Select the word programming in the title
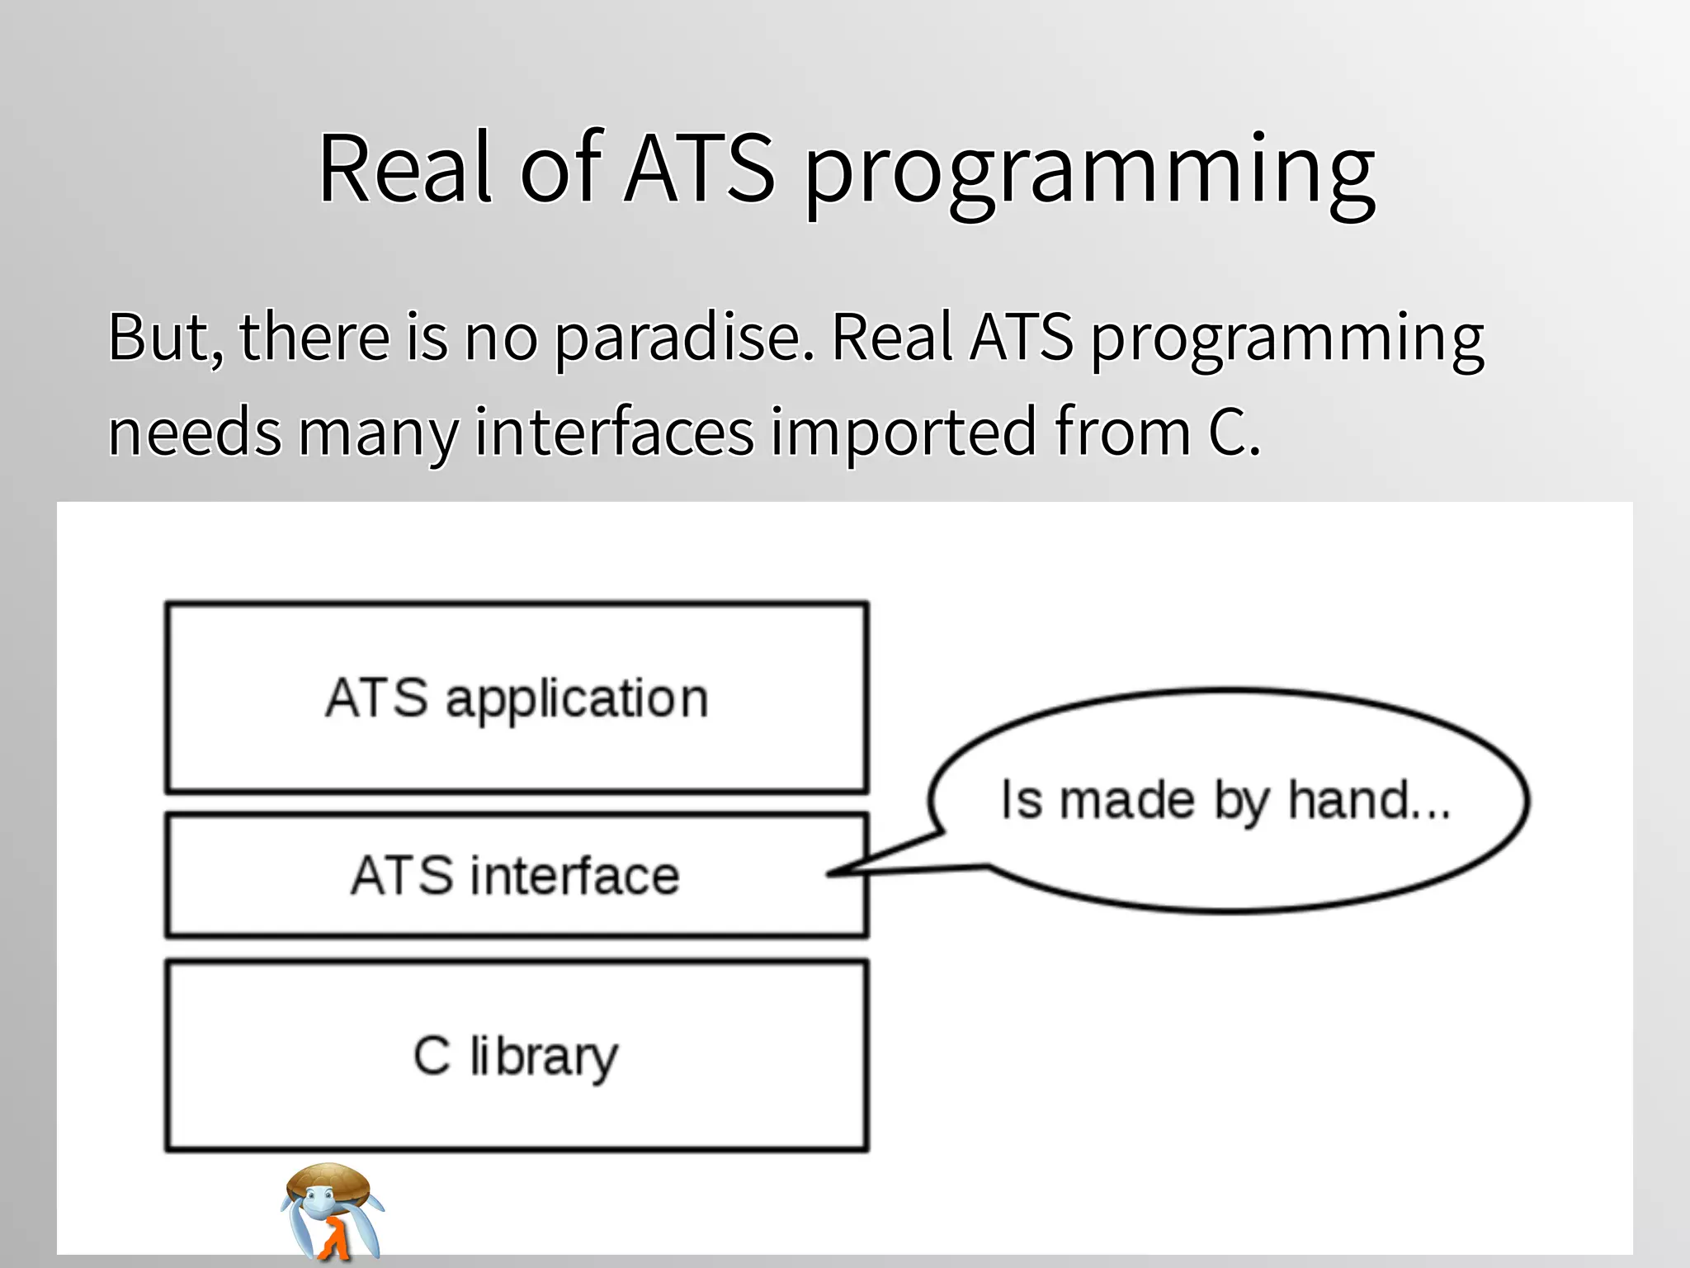1089,173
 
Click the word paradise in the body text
683,338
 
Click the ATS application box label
517,698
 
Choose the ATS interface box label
515,876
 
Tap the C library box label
515,1056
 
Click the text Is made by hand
1225,800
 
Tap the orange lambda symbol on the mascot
333,1239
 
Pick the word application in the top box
577,700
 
